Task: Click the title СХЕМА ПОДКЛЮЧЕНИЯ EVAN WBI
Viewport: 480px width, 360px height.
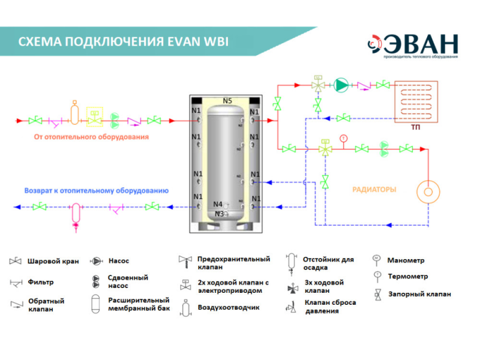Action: pos(123,42)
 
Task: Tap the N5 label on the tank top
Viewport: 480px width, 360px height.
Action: pos(227,101)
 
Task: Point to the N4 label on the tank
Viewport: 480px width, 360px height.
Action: pos(218,204)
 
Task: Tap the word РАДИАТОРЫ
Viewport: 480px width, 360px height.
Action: pos(374,189)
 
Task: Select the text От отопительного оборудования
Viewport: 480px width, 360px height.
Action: pos(91,137)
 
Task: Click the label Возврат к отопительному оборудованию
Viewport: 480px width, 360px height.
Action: pos(96,191)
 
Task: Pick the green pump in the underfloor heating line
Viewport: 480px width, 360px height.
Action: pos(341,85)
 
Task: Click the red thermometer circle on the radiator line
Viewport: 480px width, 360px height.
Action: pos(343,139)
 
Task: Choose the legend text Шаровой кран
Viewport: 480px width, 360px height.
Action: pos(53,262)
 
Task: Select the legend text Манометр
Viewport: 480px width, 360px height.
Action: pos(406,260)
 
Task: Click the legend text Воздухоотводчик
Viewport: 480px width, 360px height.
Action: pos(228,308)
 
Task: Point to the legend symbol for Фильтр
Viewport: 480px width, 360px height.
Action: pos(16,281)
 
